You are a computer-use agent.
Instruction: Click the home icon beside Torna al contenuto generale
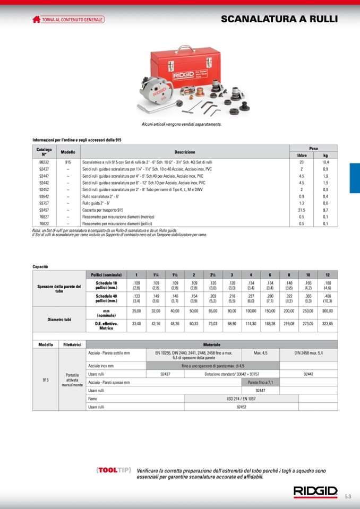pyautogui.click(x=36, y=20)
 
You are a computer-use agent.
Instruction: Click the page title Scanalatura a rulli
pyautogui.click(x=279, y=20)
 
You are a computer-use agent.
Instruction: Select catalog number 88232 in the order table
pyautogui.click(x=44, y=162)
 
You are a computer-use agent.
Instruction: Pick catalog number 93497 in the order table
pyautogui.click(x=44, y=210)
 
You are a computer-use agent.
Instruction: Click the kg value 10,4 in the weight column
pyautogui.click(x=325, y=162)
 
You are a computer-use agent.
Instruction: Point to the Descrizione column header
pyautogui.click(x=185, y=152)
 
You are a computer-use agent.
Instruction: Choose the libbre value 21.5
pyautogui.click(x=302, y=210)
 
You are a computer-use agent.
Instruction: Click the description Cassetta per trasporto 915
pyautogui.click(x=102, y=210)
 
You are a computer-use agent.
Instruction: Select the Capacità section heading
pyautogui.click(x=40, y=266)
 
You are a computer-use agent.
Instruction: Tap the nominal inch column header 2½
pyautogui.click(x=213, y=275)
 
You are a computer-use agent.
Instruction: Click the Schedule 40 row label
pyautogui.click(x=106, y=298)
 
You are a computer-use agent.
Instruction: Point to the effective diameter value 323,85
pyautogui.click(x=327, y=323)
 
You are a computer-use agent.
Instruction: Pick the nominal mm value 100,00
pyautogui.click(x=251, y=310)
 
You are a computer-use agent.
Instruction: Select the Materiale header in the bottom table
pyautogui.click(x=212, y=344)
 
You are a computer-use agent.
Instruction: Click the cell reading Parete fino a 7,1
pyautogui.click(x=260, y=382)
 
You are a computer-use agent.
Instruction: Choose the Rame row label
pyautogui.click(x=93, y=398)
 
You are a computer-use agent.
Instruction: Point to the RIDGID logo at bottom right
pyautogui.click(x=315, y=491)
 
